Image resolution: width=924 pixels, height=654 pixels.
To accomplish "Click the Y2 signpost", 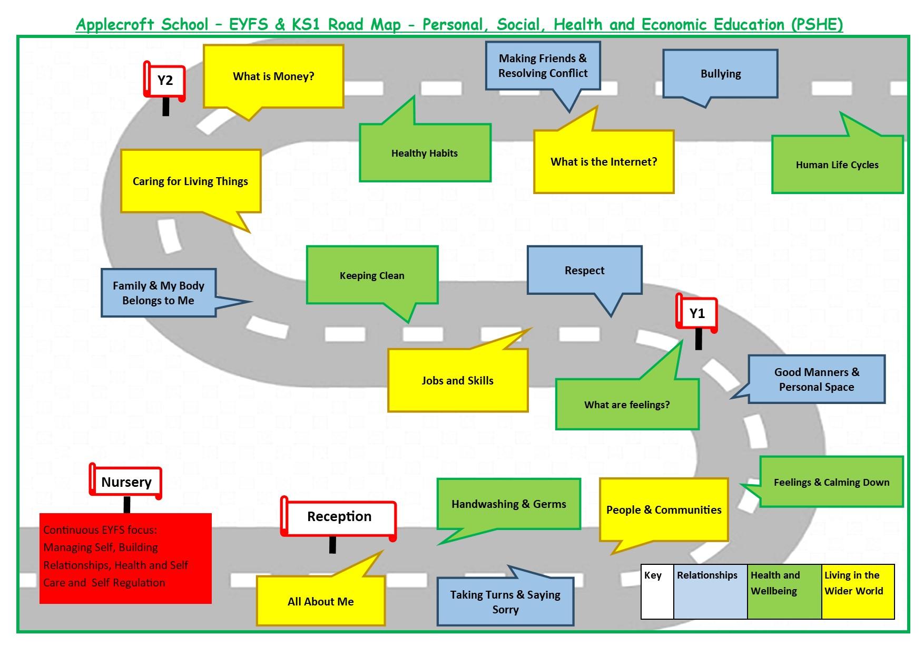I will (x=165, y=81).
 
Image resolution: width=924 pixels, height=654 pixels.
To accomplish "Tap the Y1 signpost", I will (x=696, y=314).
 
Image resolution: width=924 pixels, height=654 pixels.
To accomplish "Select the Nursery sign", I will (x=126, y=482).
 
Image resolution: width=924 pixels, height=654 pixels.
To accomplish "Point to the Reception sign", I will (x=339, y=516).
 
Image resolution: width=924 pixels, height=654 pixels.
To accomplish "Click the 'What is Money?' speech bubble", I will (x=273, y=76).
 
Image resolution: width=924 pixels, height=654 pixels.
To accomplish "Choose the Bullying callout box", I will (x=720, y=74).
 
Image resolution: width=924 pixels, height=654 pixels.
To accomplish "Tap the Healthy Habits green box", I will (x=425, y=153).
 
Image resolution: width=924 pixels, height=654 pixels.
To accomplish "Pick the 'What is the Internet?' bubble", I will (x=604, y=162).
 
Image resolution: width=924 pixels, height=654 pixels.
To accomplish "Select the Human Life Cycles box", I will (x=837, y=165).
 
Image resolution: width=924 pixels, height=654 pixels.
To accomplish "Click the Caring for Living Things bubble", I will (x=190, y=181).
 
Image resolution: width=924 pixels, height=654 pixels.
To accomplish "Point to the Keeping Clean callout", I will (x=372, y=275).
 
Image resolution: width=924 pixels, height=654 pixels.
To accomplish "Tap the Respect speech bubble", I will (x=584, y=270).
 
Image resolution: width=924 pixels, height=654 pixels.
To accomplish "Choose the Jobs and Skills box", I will (x=457, y=381).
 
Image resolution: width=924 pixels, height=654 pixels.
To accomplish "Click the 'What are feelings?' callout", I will (x=627, y=405).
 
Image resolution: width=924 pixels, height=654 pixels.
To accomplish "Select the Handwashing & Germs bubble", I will (x=508, y=504).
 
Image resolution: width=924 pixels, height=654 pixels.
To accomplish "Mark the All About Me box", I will (x=320, y=601).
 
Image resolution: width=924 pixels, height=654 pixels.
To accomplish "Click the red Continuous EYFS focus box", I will (x=125, y=557).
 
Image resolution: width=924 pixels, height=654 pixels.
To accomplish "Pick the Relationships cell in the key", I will (x=710, y=591).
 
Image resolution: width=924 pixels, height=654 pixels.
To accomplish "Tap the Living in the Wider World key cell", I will (x=858, y=591).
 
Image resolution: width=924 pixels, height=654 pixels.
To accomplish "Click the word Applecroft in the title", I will (x=115, y=24).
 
